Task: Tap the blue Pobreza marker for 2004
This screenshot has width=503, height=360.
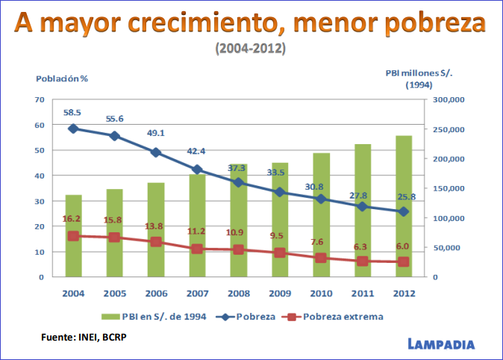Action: [x=73, y=128]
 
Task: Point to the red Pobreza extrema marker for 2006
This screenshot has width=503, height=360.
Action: [x=156, y=242]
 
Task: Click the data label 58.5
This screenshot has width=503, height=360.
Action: [x=72, y=113]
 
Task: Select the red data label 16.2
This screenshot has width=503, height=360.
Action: [x=72, y=220]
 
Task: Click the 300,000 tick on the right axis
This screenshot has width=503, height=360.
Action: [x=449, y=99]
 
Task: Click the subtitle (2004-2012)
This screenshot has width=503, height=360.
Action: [x=251, y=49]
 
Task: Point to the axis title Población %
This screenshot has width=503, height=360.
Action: [x=62, y=78]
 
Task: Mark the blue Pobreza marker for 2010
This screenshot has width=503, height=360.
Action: [x=321, y=199]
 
